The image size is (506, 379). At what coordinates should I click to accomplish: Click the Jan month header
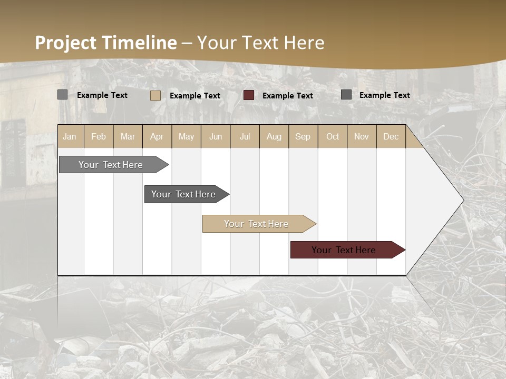coord(70,136)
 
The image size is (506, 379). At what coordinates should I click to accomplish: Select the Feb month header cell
coord(99,136)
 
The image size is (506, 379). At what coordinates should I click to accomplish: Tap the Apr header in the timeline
coord(157,136)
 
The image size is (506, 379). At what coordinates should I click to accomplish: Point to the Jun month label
coord(216,136)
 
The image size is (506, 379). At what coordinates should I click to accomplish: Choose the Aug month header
coord(274,136)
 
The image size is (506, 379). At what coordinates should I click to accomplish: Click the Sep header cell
coord(303,136)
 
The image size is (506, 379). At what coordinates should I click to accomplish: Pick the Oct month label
coord(333,136)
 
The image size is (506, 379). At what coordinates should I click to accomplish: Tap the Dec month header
coord(391,136)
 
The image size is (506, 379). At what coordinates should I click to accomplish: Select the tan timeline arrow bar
coord(257,224)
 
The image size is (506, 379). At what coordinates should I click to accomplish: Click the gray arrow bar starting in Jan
coord(111,165)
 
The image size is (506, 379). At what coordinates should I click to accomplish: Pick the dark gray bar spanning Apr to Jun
coord(184,194)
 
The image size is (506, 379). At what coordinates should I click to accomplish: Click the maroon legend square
coord(249,95)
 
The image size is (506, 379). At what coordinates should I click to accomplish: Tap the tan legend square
coord(155,95)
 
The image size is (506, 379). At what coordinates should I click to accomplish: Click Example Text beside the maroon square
coord(287,96)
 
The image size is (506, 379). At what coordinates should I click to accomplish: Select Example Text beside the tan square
coord(194,96)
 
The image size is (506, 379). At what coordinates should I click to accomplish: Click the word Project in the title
coord(65,43)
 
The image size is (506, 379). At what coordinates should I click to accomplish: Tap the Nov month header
coord(361,136)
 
